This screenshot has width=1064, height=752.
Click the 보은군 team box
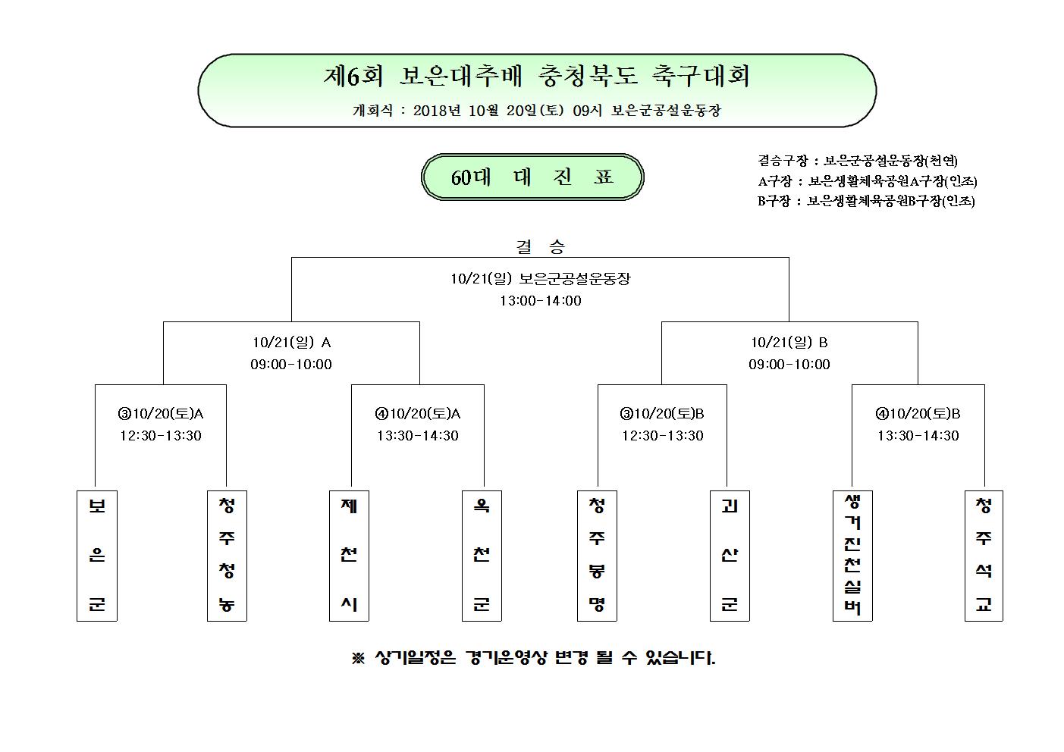(x=97, y=556)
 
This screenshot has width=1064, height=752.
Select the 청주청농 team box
(x=227, y=556)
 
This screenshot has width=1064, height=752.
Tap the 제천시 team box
(x=349, y=556)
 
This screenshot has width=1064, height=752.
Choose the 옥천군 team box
(x=482, y=556)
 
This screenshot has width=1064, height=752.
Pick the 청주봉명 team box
(x=597, y=556)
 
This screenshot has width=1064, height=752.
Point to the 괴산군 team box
(x=730, y=556)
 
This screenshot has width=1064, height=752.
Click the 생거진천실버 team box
(x=852, y=556)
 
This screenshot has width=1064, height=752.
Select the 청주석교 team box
(x=984, y=556)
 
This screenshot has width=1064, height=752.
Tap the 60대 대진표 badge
(x=532, y=177)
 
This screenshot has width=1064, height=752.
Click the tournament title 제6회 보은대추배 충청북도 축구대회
(x=537, y=76)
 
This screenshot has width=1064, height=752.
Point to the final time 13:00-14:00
(x=541, y=300)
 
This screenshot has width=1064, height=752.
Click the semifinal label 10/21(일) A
(x=292, y=343)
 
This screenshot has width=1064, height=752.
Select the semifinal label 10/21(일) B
(x=789, y=343)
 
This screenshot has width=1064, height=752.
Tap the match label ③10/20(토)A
(x=161, y=414)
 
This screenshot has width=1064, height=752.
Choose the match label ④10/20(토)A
(x=418, y=414)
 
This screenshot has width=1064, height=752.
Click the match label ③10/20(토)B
(x=662, y=414)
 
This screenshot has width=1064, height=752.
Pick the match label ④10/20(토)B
(x=918, y=414)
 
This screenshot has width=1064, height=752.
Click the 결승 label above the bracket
(x=541, y=246)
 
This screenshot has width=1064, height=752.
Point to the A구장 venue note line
(x=868, y=181)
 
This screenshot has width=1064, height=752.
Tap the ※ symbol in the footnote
(x=358, y=658)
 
